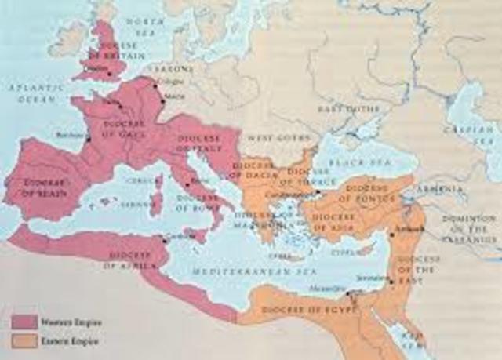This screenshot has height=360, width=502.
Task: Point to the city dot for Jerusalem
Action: [x=391, y=280]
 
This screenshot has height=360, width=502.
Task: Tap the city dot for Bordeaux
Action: [x=89, y=140]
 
